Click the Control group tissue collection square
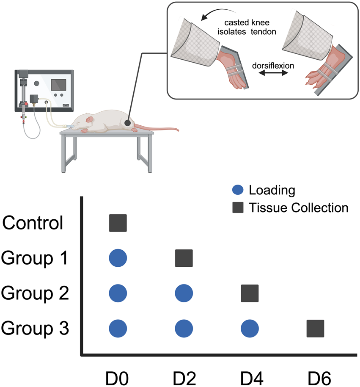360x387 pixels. (x=118, y=223)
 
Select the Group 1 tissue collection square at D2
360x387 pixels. (x=184, y=258)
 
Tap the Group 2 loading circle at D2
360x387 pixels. (x=184, y=293)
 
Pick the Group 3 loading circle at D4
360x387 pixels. (x=250, y=328)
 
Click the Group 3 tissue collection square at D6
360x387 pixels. (x=316, y=328)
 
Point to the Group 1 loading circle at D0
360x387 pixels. (x=118, y=258)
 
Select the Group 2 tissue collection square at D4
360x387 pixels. (x=250, y=293)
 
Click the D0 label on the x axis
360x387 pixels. (x=118, y=376)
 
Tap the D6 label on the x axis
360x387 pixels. (x=316, y=376)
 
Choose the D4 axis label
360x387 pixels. (x=250, y=376)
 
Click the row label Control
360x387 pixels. (x=33, y=223)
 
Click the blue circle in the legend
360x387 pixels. (x=239, y=190)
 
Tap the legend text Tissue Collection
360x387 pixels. (x=299, y=207)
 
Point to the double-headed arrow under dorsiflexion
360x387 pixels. (x=273, y=74)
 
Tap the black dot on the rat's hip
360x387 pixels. (x=128, y=122)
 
